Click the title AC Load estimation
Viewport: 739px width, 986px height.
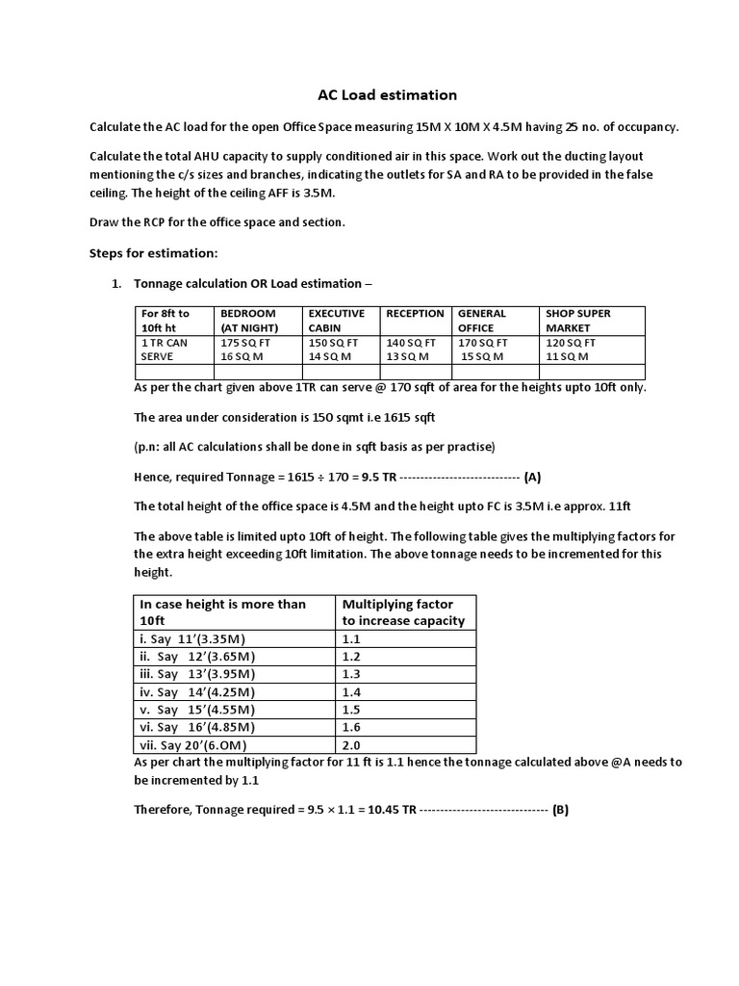pyautogui.click(x=373, y=95)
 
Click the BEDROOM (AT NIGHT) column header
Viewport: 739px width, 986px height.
pyautogui.click(x=248, y=321)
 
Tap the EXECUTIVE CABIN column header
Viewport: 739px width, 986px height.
pyautogui.click(x=336, y=321)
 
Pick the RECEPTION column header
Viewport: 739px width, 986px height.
pyautogui.click(x=415, y=314)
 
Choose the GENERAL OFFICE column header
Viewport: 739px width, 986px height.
pyautogui.click(x=482, y=321)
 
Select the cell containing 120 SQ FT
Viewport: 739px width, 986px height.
pyautogui.click(x=571, y=342)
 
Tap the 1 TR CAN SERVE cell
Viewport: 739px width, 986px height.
pyautogui.click(x=165, y=349)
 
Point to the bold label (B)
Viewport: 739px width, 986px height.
pyautogui.click(x=560, y=810)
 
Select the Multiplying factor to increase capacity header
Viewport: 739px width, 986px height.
pyautogui.click(x=403, y=612)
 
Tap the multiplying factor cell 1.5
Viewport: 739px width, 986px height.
pyautogui.click(x=352, y=709)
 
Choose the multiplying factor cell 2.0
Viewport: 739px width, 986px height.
pyautogui.click(x=352, y=744)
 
